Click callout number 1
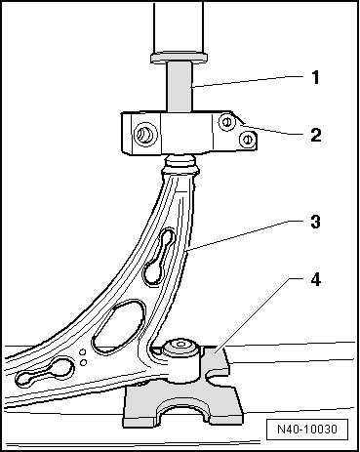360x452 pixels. (x=315, y=78)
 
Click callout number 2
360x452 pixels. (x=316, y=135)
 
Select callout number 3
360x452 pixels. (x=315, y=222)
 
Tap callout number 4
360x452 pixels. (x=315, y=279)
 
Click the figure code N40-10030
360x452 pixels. (x=307, y=430)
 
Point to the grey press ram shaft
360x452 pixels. (x=180, y=87)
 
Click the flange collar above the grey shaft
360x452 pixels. (x=180, y=58)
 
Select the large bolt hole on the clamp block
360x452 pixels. (x=145, y=134)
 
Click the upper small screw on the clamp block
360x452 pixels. (x=226, y=122)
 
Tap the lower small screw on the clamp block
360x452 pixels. (x=247, y=140)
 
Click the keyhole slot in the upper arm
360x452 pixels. (x=160, y=257)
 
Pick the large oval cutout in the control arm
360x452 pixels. (x=118, y=327)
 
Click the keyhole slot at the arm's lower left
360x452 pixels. (x=45, y=373)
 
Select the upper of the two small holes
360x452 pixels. (x=83, y=352)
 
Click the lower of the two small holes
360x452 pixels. (x=83, y=362)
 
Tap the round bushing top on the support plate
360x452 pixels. (x=180, y=348)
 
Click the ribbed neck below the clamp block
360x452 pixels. (x=180, y=165)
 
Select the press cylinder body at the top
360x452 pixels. (x=179, y=26)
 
